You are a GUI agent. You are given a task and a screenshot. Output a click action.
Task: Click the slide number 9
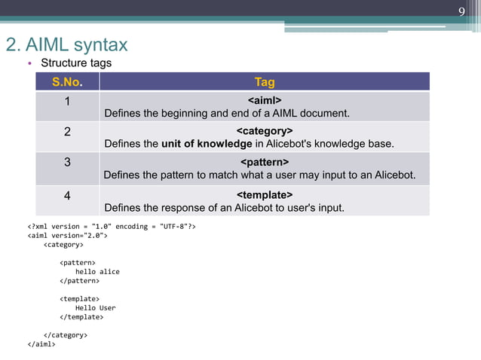pyautogui.click(x=462, y=11)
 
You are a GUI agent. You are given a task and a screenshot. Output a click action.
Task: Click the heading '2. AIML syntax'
pyautogui.click(x=66, y=44)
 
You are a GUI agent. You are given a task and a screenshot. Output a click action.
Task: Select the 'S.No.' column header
pyautogui.click(x=67, y=82)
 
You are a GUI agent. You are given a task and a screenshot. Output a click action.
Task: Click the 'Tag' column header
pyautogui.click(x=265, y=82)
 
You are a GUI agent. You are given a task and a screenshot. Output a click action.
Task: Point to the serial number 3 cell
pyautogui.click(x=67, y=162)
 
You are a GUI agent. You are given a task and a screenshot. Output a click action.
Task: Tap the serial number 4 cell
pyautogui.click(x=67, y=195)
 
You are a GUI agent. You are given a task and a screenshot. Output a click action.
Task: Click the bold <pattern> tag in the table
pyautogui.click(x=265, y=162)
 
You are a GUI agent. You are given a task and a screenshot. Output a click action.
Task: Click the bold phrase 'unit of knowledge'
pyautogui.click(x=207, y=144)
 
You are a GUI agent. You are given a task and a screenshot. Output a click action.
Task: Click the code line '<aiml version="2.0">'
pyautogui.click(x=67, y=235)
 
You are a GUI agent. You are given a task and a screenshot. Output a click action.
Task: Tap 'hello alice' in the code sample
pyautogui.click(x=97, y=271)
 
